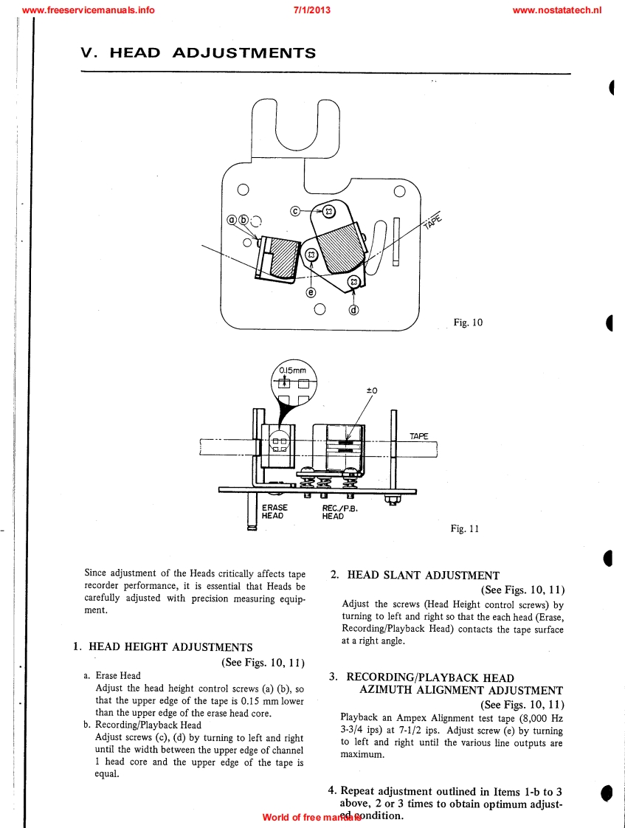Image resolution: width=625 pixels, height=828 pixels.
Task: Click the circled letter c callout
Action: click(295, 210)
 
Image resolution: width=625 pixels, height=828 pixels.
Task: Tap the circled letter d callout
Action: click(353, 309)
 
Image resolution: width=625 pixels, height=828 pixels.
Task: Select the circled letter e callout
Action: click(311, 292)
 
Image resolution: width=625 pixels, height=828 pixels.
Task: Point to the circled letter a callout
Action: click(232, 220)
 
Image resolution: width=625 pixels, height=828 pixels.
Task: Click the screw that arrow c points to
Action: click(329, 212)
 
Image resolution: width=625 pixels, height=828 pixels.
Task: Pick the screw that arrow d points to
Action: click(353, 282)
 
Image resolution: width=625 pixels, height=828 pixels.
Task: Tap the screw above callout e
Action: click(311, 255)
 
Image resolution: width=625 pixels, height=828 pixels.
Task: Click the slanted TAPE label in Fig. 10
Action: click(432, 219)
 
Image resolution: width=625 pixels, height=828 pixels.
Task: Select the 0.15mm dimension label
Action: click(293, 371)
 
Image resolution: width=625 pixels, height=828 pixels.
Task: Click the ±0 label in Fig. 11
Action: click(371, 390)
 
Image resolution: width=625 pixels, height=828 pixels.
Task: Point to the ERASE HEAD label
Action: click(274, 511)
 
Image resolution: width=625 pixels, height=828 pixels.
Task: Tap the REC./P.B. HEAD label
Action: click(339, 511)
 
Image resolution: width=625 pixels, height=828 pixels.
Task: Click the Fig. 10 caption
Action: click(468, 322)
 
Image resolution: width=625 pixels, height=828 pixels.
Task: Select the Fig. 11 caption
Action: click(465, 528)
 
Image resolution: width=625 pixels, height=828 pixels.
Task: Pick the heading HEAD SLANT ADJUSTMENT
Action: click(423, 576)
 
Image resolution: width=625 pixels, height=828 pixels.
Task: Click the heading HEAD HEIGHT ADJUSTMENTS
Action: click(170, 647)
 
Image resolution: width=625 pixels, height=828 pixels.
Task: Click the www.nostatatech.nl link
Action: click(556, 10)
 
